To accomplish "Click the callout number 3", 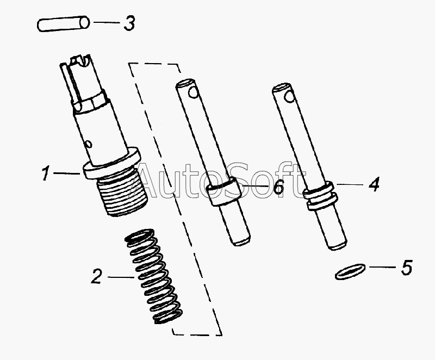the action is click(x=129, y=23).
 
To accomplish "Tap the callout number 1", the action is click(x=46, y=173).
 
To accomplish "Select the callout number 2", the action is click(x=96, y=276).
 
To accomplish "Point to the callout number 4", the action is click(x=374, y=184).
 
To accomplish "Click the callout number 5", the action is click(x=407, y=268).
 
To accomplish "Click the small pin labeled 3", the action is click(x=63, y=24).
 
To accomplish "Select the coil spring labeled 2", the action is click(x=153, y=276).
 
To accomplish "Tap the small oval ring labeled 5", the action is click(x=350, y=271).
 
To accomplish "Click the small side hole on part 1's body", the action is click(x=89, y=144).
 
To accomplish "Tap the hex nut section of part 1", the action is click(x=89, y=101).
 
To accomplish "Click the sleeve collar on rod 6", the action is click(x=223, y=191).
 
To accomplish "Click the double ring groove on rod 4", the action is click(x=321, y=196).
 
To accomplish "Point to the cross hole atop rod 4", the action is click(x=289, y=96).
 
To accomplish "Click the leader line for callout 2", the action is click(x=121, y=277).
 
